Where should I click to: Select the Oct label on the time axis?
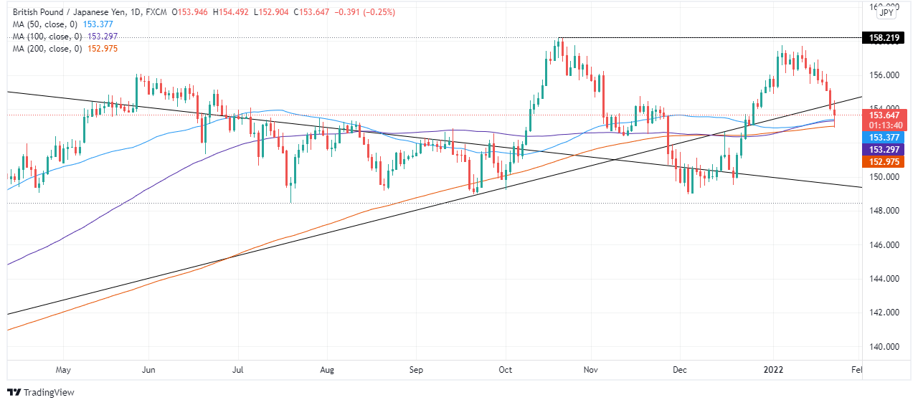coord(505,371)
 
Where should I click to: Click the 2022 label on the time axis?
coord(773,371)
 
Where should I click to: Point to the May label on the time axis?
coord(63,371)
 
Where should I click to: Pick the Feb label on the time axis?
coord(857,371)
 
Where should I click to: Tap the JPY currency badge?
coord(886,12)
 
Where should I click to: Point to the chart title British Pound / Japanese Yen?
coord(68,12)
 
